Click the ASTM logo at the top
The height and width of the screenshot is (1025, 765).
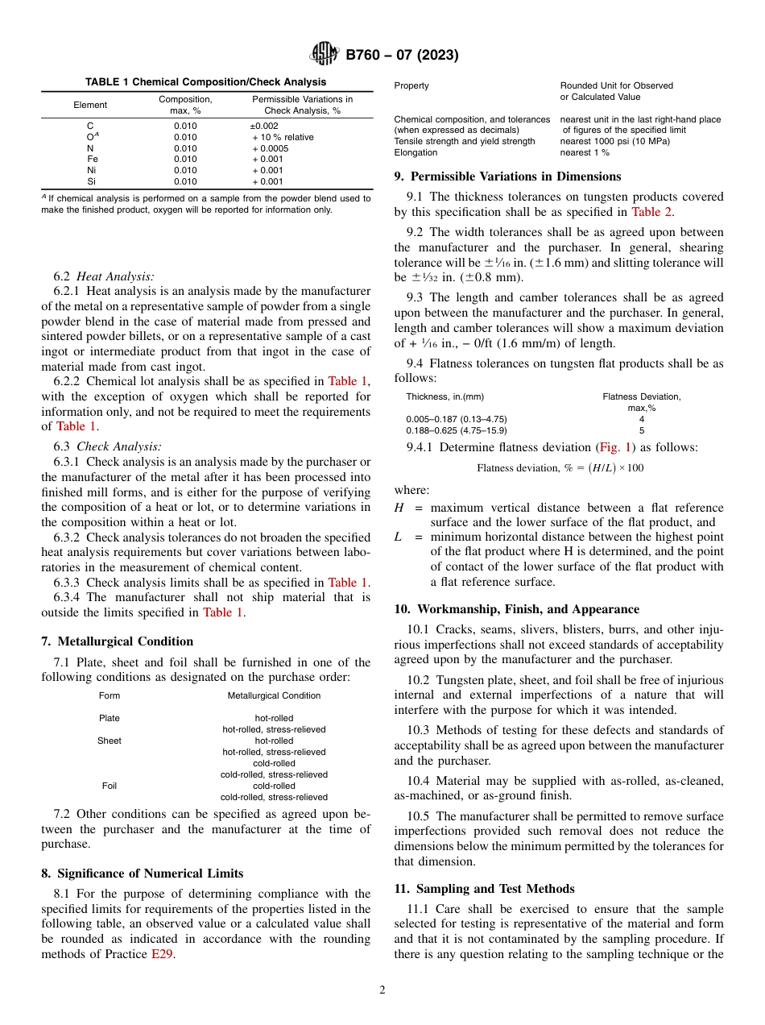point(325,55)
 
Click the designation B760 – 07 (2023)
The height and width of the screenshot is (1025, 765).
point(402,56)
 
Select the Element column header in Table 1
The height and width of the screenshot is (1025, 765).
point(90,105)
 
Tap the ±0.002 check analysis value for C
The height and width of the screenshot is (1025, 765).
point(264,127)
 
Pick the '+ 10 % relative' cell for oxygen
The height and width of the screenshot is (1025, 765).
point(283,138)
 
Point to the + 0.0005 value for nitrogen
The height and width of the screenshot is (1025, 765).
point(270,148)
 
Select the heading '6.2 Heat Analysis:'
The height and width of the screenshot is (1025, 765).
point(104,276)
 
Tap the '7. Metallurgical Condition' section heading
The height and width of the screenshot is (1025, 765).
point(117,641)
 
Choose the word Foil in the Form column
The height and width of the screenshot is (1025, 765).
point(110,786)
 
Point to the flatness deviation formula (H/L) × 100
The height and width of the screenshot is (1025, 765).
point(560,468)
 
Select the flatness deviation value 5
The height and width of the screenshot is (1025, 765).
point(642,430)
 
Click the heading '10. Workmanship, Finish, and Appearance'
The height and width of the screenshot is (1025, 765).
point(516,609)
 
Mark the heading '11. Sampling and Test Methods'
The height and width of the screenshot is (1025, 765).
point(484,889)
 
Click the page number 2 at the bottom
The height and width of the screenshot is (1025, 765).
point(382,990)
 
